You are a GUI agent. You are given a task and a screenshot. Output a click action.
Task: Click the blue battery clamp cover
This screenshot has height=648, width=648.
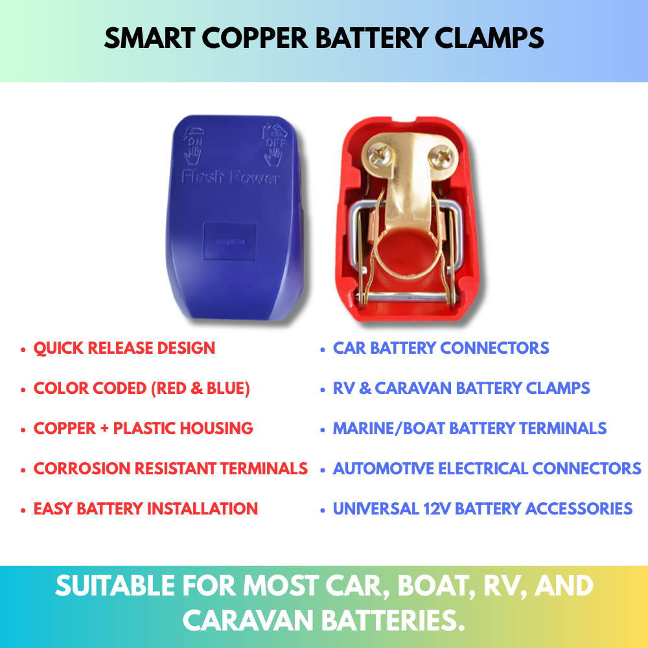click(238, 220)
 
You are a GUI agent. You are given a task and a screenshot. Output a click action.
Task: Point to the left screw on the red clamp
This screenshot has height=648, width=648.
click(377, 154)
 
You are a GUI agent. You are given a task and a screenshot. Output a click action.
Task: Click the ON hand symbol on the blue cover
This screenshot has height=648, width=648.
click(193, 145)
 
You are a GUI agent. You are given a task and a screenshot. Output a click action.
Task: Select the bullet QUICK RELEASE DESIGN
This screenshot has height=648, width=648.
click(124, 348)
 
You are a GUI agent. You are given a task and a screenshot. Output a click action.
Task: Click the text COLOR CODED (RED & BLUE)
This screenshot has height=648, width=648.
click(142, 388)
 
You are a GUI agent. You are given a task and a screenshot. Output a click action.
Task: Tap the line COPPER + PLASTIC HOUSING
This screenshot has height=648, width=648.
click(143, 428)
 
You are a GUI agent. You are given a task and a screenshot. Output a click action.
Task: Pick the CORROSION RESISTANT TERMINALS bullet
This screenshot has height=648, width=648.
click(170, 469)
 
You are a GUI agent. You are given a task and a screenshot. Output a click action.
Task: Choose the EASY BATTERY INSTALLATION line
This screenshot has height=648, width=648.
click(146, 509)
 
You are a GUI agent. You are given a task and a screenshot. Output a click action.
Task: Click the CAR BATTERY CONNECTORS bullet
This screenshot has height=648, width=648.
click(441, 348)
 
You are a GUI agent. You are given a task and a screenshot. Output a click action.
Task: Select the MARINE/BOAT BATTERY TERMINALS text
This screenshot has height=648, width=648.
click(470, 428)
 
